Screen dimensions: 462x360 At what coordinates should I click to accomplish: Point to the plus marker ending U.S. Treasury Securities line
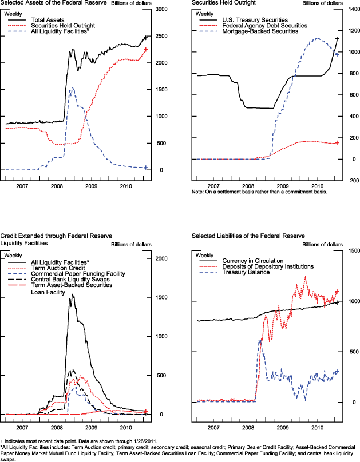(x=337, y=39)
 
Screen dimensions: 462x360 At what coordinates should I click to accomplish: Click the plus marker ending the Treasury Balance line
(x=337, y=372)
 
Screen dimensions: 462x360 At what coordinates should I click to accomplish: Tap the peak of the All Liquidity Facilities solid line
(x=72, y=294)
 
